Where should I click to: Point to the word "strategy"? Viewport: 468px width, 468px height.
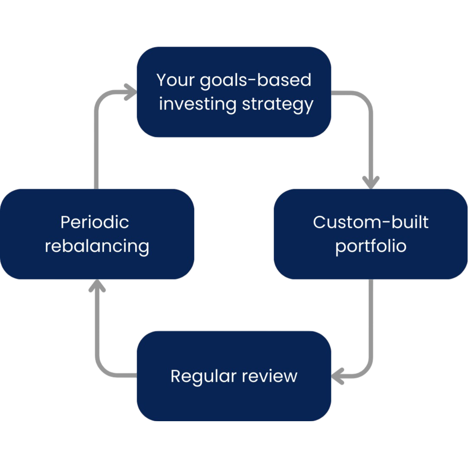[277, 105]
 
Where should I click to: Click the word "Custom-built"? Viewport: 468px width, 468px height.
[370, 222]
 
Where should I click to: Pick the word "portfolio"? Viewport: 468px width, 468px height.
[370, 246]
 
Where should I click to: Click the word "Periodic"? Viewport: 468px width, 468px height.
[95, 222]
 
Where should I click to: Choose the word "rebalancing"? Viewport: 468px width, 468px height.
[97, 246]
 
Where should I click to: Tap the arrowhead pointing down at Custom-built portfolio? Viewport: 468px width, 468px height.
[370, 182]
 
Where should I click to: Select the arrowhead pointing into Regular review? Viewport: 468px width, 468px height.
[338, 376]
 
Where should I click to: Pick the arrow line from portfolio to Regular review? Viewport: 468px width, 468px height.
[370, 325]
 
